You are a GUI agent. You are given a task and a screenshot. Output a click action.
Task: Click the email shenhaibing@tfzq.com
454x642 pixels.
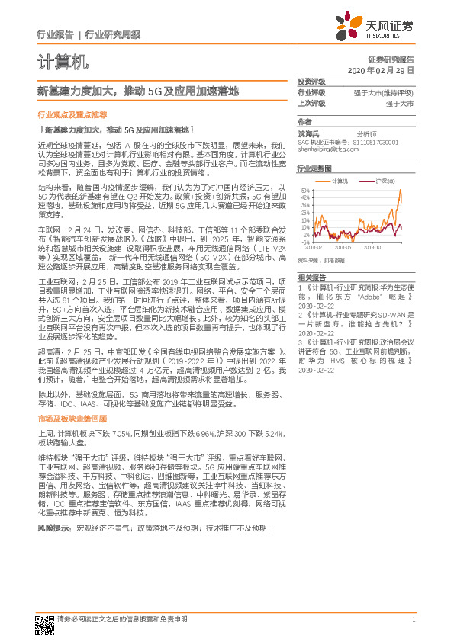tap(327, 149)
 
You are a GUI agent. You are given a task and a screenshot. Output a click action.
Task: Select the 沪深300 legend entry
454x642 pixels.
tap(383, 181)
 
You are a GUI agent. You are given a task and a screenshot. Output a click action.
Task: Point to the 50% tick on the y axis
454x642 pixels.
tap(304, 190)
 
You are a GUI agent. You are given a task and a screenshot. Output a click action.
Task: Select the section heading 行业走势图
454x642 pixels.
tap(315, 169)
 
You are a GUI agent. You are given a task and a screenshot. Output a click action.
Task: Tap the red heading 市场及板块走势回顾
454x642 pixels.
tap(72, 419)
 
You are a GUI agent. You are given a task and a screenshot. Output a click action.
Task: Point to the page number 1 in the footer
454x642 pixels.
tap(413, 619)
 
